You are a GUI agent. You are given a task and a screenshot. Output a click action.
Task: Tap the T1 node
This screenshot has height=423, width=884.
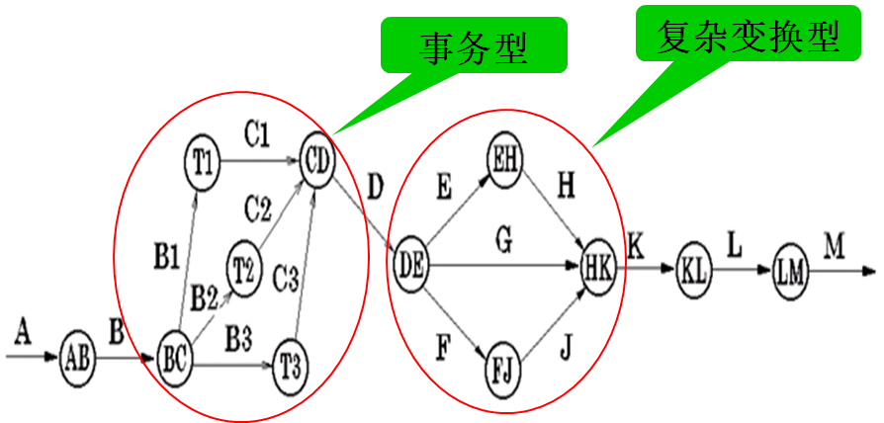tap(205, 159)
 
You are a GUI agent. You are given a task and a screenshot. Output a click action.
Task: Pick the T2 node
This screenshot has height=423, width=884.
tap(244, 264)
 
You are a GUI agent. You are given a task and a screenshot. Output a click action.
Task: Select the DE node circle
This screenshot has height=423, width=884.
tap(412, 264)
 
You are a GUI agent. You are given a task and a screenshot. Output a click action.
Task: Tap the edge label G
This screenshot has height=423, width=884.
tap(503, 239)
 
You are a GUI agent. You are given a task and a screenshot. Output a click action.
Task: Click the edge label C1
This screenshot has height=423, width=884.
tap(256, 134)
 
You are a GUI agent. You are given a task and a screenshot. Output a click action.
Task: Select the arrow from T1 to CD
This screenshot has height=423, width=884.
tap(261, 159)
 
